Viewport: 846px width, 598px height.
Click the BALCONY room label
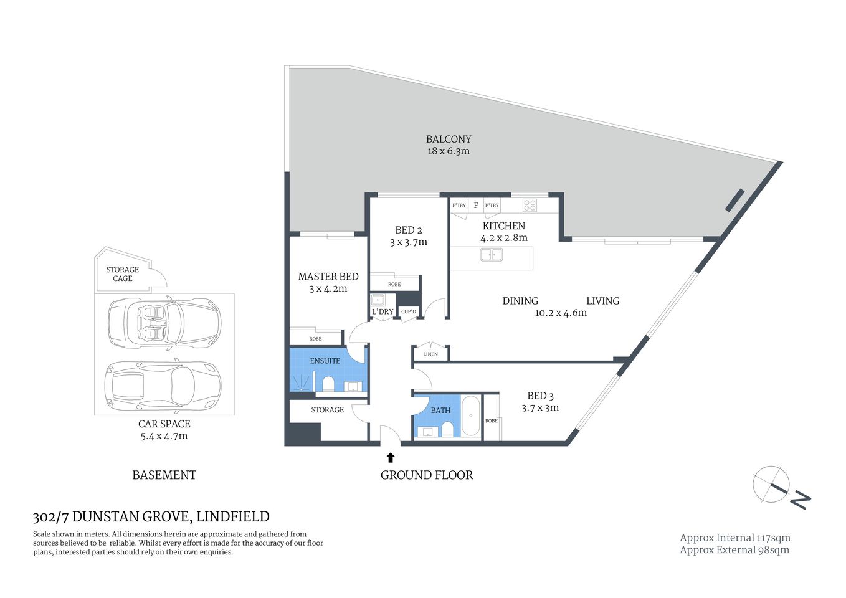[x=448, y=140]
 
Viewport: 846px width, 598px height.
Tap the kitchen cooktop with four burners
[x=530, y=205]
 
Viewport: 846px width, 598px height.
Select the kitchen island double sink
[x=492, y=255]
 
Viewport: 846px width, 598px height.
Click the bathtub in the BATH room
[x=471, y=415]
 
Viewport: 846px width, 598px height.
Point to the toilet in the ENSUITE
[x=328, y=383]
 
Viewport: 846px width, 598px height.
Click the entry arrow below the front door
[x=391, y=458]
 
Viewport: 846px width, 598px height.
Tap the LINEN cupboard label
[x=430, y=354]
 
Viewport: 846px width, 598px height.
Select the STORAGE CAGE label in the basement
[x=123, y=274]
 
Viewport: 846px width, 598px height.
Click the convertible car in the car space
[x=164, y=323]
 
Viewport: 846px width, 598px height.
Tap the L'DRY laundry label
[x=383, y=311]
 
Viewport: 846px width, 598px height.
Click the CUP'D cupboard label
[x=409, y=311]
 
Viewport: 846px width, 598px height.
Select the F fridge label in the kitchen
[x=476, y=205]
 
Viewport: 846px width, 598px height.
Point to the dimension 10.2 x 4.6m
[x=561, y=313]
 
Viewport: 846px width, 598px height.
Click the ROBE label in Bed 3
[x=492, y=421]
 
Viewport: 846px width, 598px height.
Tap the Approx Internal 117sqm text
[x=734, y=538]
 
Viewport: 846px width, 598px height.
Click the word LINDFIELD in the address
[x=232, y=516]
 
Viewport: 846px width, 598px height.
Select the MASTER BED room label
[x=328, y=277]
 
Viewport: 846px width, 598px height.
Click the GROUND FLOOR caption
[x=427, y=475]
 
